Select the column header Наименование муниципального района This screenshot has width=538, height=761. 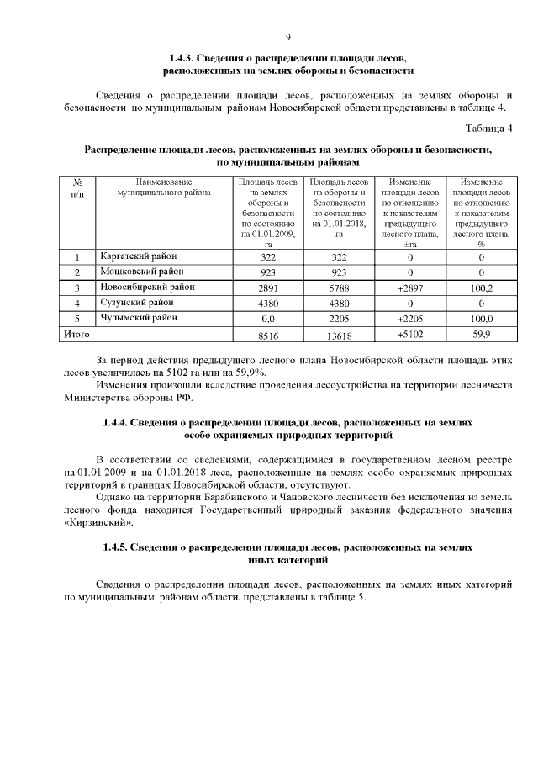point(163,187)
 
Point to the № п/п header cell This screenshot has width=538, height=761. point(77,187)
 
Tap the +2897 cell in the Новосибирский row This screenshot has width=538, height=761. point(411,288)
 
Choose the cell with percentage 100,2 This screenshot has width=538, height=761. point(482,288)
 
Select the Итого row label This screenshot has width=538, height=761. point(77,334)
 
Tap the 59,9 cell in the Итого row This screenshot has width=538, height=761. point(482,335)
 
